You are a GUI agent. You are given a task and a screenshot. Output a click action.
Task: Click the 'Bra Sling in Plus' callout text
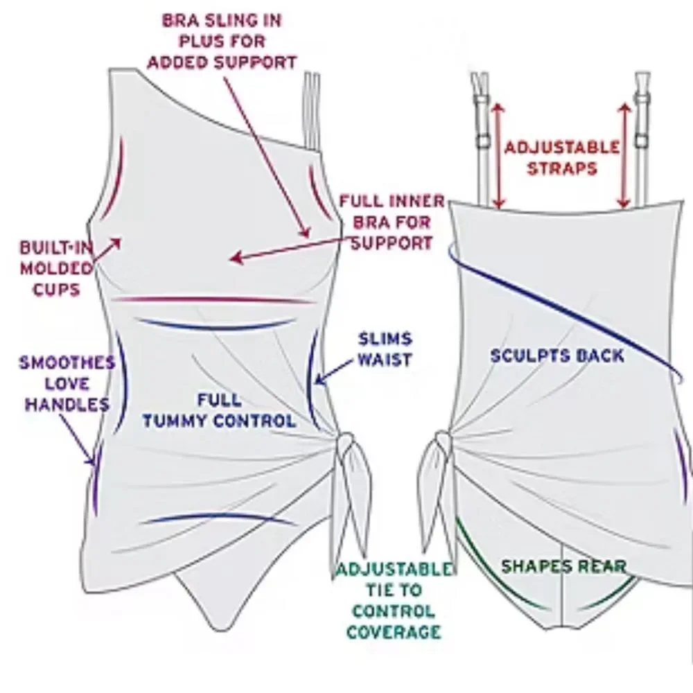(x=222, y=42)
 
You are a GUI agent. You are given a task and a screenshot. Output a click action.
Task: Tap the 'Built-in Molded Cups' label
(x=56, y=268)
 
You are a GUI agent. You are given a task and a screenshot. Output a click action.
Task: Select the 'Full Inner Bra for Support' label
(x=392, y=222)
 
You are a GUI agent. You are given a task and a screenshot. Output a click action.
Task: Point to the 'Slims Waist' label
(x=385, y=349)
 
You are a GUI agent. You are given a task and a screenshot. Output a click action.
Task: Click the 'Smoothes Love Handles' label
(x=67, y=384)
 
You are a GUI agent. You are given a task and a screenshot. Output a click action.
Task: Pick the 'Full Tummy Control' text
(x=219, y=410)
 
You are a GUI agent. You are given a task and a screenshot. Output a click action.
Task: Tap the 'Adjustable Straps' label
(x=562, y=158)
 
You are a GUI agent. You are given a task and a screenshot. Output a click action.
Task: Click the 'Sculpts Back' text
(x=558, y=356)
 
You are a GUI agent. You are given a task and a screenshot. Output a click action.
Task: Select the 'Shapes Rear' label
(x=564, y=566)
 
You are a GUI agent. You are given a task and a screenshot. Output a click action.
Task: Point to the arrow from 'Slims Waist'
(x=334, y=371)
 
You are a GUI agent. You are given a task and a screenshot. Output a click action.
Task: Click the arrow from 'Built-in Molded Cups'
(x=107, y=249)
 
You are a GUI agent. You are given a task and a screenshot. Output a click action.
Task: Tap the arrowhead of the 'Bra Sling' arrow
(x=304, y=231)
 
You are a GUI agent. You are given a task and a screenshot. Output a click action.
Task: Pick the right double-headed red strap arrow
(x=624, y=155)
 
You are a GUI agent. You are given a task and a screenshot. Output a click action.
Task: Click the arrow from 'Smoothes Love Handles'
(x=77, y=439)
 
